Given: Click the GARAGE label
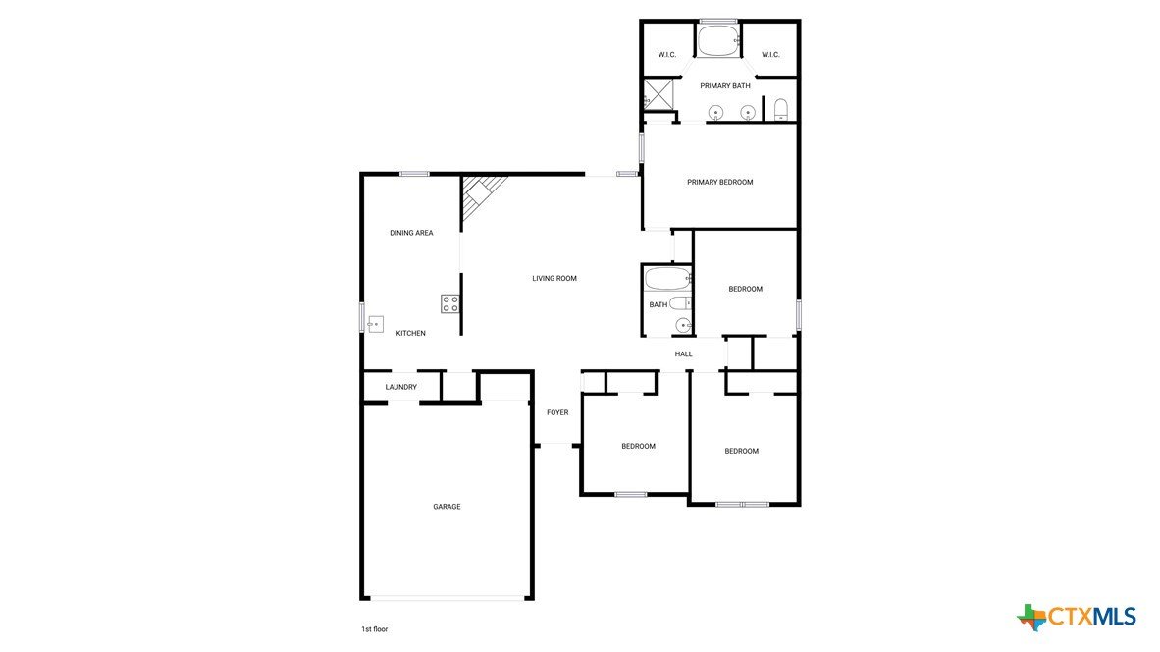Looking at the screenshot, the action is [447, 507].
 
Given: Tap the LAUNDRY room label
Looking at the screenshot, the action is [401, 387].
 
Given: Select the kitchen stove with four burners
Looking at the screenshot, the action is [450, 303].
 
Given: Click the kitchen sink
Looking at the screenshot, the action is [376, 324].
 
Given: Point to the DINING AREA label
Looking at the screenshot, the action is [411, 233].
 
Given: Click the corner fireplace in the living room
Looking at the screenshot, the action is [481, 196].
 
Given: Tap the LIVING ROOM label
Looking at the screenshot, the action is [554, 279].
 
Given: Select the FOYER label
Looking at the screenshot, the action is [557, 413].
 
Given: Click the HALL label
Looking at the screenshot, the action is [684, 354].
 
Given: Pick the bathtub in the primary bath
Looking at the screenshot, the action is [718, 40].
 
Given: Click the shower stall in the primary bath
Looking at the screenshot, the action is [659, 94].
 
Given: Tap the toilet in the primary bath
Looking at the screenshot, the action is [780, 110].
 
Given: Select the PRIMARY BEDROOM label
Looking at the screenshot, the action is [719, 182].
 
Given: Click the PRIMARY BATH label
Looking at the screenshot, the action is [725, 86].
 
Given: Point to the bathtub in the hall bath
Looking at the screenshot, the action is [668, 279].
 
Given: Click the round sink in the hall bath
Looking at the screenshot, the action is [683, 325].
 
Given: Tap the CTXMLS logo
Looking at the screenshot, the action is [1077, 617].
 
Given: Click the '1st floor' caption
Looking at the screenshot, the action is [374, 629].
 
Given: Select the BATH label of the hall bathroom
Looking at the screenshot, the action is [659, 305].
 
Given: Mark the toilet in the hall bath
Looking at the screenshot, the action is [681, 302].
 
